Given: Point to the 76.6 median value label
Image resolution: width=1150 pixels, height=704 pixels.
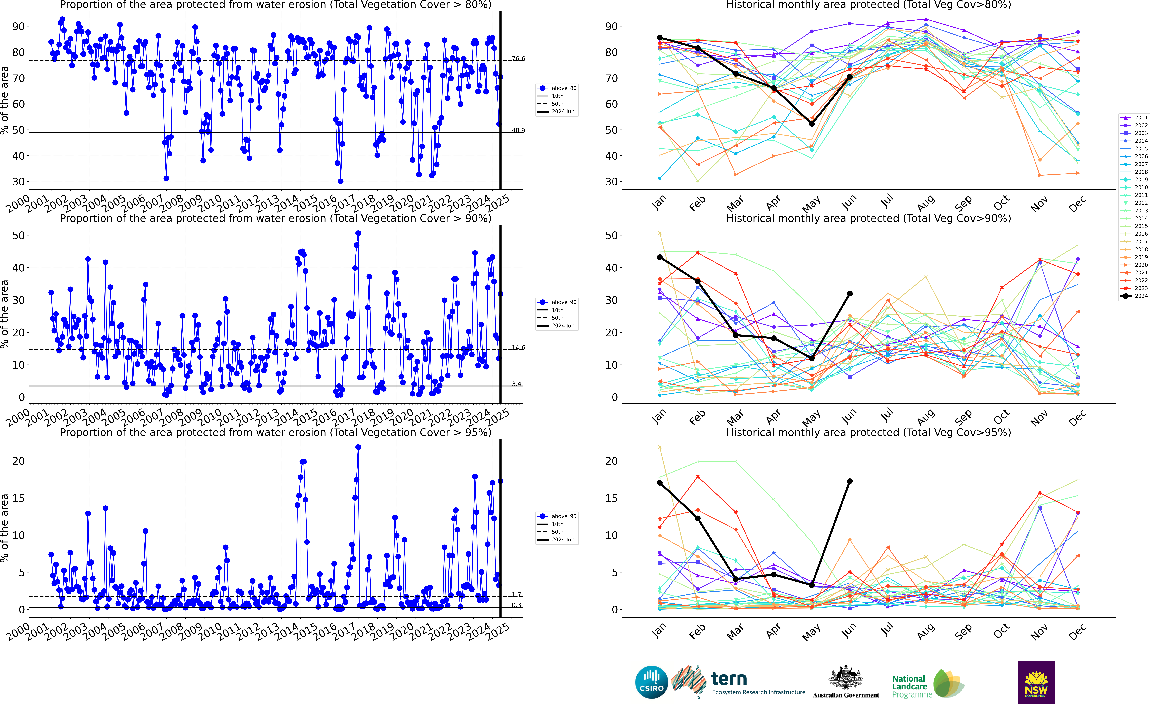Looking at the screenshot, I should click(518, 59).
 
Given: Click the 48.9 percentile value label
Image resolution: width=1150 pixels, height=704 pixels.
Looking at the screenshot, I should click(518, 130).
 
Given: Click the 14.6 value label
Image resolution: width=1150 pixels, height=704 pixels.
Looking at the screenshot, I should click(518, 348).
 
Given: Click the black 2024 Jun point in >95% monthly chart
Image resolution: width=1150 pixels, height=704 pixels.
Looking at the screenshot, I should click(850, 481).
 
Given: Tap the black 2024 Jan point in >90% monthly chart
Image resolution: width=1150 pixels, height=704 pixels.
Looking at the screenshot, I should click(660, 257).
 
